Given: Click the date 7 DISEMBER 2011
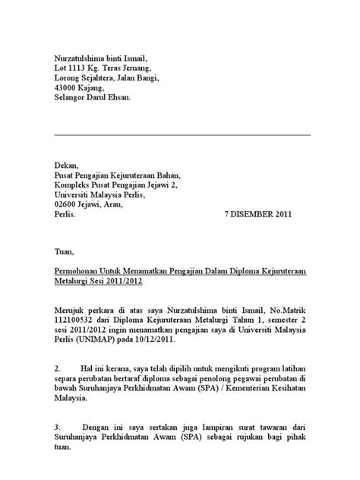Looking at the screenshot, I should click(258, 215).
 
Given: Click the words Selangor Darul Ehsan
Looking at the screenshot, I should click(93, 98).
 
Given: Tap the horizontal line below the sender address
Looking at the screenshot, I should click(182, 134).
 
